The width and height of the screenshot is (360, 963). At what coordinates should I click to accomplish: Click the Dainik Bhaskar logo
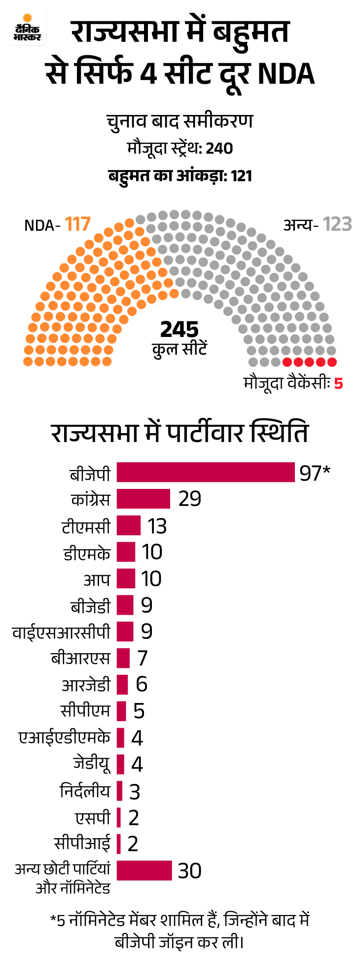click(x=28, y=29)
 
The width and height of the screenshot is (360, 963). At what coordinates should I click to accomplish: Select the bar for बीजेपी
click(x=206, y=472)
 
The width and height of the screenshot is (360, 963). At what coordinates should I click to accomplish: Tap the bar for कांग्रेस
click(x=143, y=499)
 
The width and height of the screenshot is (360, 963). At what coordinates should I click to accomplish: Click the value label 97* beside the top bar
click(x=314, y=473)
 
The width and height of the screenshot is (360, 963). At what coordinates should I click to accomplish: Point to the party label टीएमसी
click(x=86, y=526)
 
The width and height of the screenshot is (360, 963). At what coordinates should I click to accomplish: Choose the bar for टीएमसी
click(x=129, y=525)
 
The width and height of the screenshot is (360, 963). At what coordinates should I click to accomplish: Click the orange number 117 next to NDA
click(x=77, y=224)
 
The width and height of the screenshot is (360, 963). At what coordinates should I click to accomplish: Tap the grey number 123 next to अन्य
click(x=337, y=224)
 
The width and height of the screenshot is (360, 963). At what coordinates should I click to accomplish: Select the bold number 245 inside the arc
click(x=180, y=330)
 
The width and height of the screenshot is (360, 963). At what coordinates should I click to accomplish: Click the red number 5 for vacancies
click(x=338, y=383)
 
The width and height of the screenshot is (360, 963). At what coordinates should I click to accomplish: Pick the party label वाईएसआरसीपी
click(x=61, y=632)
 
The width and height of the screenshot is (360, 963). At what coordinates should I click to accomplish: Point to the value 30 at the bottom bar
click(x=189, y=871)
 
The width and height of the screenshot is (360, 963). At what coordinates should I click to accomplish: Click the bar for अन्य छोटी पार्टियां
click(x=144, y=870)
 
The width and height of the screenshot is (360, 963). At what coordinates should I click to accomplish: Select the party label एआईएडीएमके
click(x=64, y=738)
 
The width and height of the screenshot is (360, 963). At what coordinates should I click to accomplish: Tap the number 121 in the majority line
click(x=241, y=176)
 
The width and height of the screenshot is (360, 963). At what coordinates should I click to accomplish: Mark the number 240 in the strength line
click(x=219, y=148)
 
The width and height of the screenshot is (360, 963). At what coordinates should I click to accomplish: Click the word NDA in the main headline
click(x=286, y=74)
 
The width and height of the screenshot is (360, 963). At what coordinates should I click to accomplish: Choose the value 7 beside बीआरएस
click(x=143, y=658)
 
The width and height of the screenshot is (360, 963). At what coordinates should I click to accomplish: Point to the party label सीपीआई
click(x=82, y=843)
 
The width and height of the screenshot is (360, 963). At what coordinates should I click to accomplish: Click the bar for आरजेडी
click(x=122, y=685)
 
